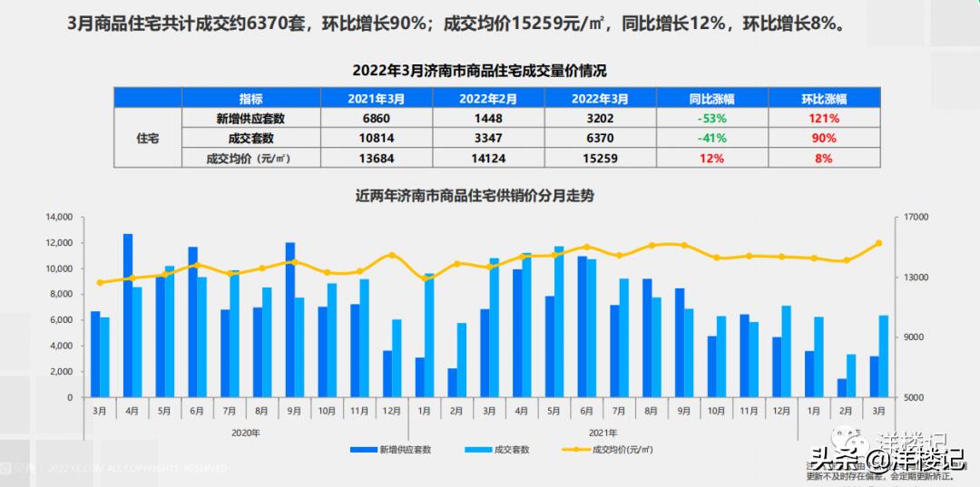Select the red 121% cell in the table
[x=824, y=118]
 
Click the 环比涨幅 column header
[x=824, y=98]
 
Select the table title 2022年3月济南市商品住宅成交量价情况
[x=478, y=70]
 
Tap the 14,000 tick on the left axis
[x=57, y=218]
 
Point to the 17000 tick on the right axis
[x=917, y=218]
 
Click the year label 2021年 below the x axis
[x=603, y=433]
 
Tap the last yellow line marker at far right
[x=878, y=243]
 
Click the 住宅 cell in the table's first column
[x=147, y=138]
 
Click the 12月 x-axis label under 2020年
[x=392, y=411]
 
